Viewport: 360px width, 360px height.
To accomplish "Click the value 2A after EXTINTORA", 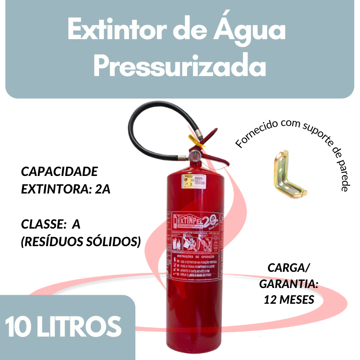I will point(103,189).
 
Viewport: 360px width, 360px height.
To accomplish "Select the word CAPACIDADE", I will point(59,172).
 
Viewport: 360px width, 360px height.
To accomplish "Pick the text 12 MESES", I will point(289,300).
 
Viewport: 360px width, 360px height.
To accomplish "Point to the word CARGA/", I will point(289,268).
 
